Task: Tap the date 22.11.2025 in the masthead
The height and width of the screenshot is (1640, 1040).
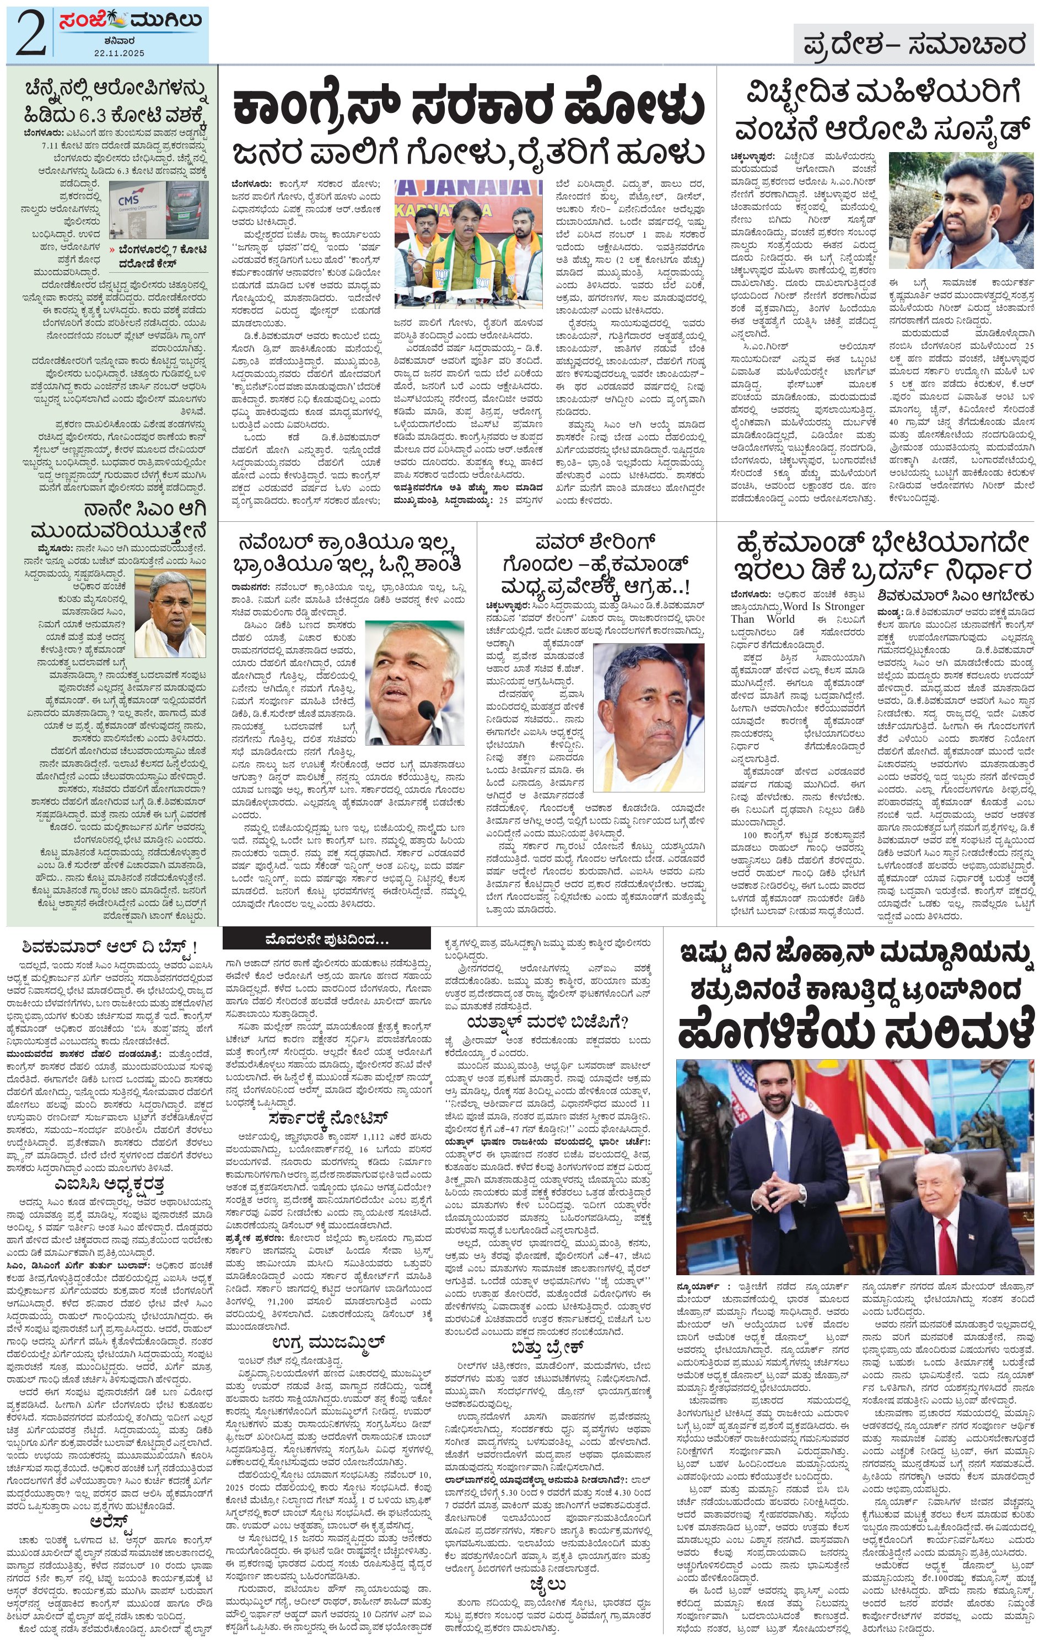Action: [x=130, y=52]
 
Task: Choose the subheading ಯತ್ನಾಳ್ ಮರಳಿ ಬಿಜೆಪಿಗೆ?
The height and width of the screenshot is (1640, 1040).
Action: [x=547, y=1022]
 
